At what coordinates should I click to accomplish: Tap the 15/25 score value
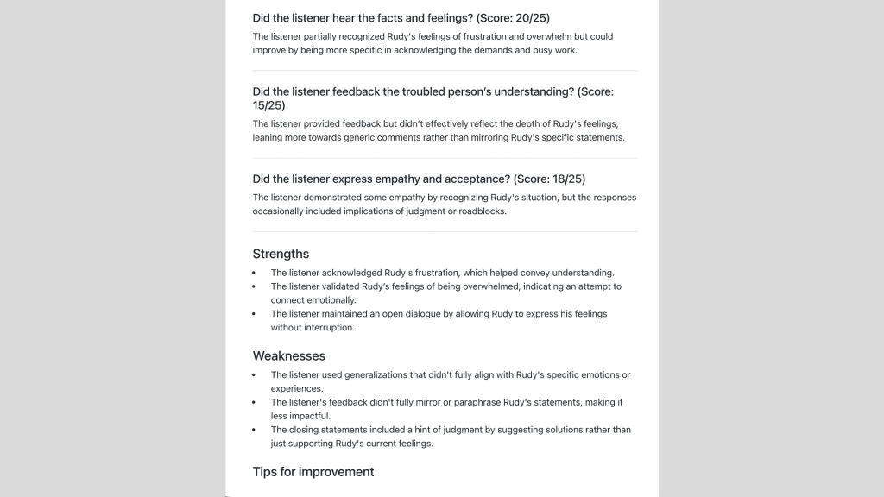click(268, 105)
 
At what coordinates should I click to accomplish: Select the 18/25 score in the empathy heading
click(568, 179)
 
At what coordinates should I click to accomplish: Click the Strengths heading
click(281, 254)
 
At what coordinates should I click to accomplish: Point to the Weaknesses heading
click(288, 355)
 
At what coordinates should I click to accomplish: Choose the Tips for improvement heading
click(313, 472)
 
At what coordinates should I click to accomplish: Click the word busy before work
click(540, 50)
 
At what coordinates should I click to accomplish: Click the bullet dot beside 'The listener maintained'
click(254, 314)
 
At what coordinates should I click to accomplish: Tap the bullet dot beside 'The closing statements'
click(254, 430)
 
